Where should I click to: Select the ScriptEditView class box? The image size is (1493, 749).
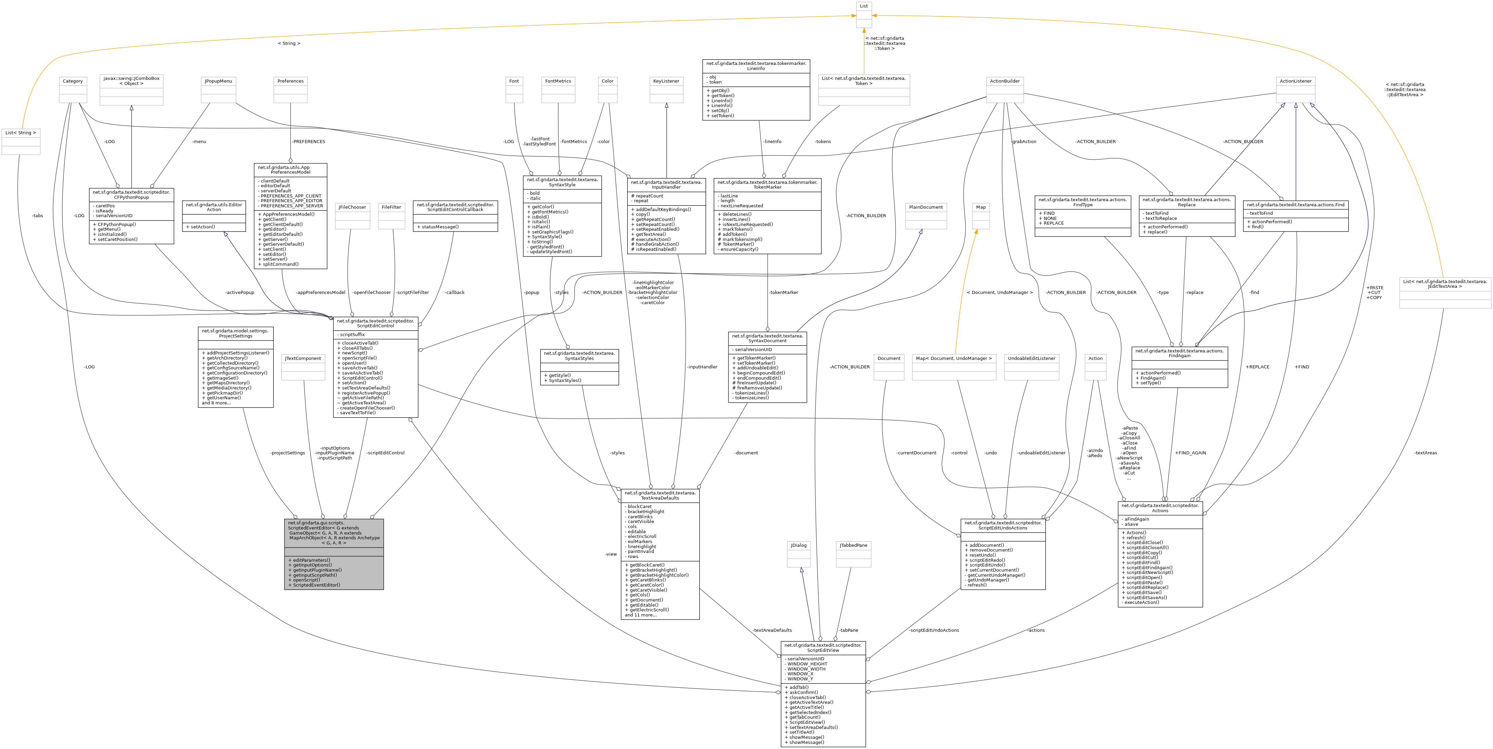point(823,694)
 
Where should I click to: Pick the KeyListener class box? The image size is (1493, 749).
point(666,90)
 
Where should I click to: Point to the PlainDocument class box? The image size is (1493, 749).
point(926,216)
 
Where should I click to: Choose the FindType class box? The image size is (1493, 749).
point(1082,216)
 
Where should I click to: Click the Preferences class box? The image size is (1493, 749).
point(291,90)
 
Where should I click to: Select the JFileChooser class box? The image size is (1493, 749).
point(352,216)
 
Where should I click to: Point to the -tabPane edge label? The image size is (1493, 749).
point(848,630)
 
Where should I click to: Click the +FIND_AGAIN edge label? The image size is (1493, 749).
point(1190,453)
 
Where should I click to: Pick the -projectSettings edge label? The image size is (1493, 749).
point(287,453)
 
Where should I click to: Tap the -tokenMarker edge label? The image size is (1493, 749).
point(783,292)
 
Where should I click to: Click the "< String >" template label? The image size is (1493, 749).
point(288,43)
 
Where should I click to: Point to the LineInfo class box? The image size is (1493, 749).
point(756,90)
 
